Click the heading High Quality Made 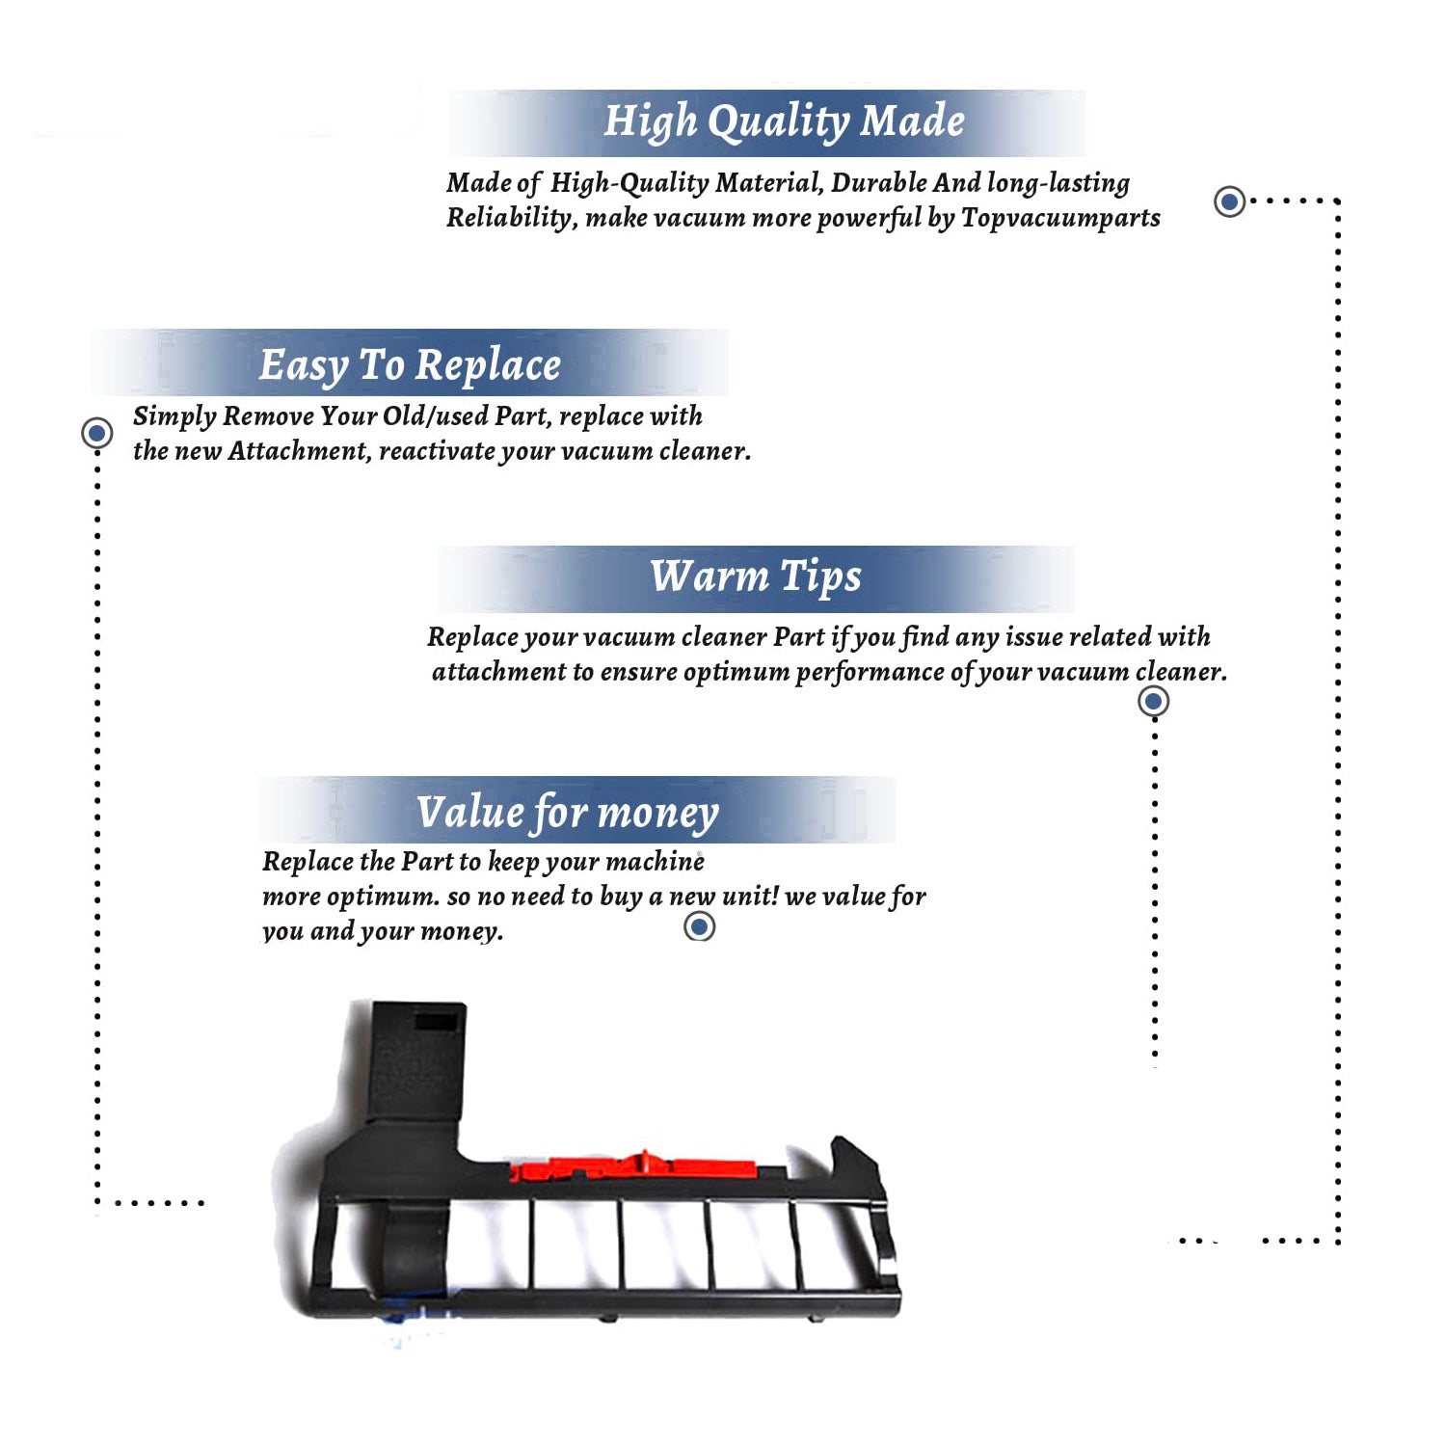click(x=784, y=122)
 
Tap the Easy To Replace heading click(x=410, y=366)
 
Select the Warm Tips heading click(x=755, y=577)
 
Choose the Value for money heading click(x=568, y=813)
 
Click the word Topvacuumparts click(x=1060, y=219)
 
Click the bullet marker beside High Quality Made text click(x=1229, y=201)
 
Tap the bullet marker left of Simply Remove click(x=96, y=433)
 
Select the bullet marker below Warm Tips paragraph click(x=1154, y=701)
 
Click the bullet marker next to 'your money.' click(x=699, y=926)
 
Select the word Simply click(x=174, y=416)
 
